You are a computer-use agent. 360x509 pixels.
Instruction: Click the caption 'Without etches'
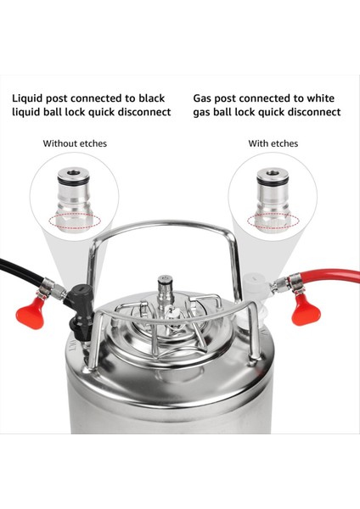[75, 143]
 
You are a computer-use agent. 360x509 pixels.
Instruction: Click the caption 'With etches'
[273, 143]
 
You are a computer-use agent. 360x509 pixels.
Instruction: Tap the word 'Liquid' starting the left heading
[29, 98]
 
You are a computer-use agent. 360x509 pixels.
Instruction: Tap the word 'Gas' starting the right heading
[204, 98]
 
